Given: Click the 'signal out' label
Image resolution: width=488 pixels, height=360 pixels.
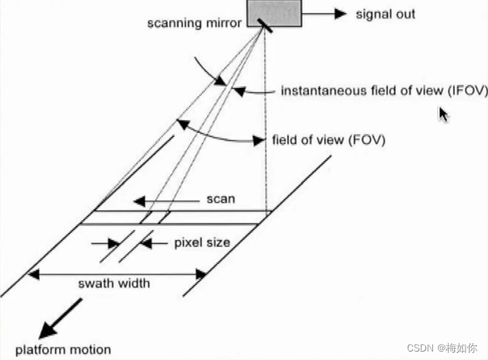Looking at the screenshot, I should [386, 13].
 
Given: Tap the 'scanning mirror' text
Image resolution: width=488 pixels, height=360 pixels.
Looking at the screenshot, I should [194, 23].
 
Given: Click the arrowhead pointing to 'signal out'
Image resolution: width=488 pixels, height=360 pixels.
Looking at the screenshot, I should [341, 13].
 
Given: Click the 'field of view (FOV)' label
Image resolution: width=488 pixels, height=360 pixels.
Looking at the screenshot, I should [329, 139].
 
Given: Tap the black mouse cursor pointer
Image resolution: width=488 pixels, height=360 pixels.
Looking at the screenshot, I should [444, 115].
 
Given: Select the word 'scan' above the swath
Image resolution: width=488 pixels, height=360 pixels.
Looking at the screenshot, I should [220, 199].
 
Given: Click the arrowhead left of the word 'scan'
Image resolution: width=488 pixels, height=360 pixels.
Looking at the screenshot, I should [139, 201].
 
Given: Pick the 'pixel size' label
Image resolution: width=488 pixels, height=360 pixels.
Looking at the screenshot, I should [202, 243].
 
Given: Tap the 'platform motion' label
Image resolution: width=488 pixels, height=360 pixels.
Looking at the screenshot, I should [63, 349].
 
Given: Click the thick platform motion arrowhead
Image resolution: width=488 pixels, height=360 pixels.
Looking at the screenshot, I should [48, 329].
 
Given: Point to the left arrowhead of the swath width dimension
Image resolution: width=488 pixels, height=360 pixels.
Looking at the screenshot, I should [34, 273].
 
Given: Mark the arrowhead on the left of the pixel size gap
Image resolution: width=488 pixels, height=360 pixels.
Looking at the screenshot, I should [114, 243].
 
